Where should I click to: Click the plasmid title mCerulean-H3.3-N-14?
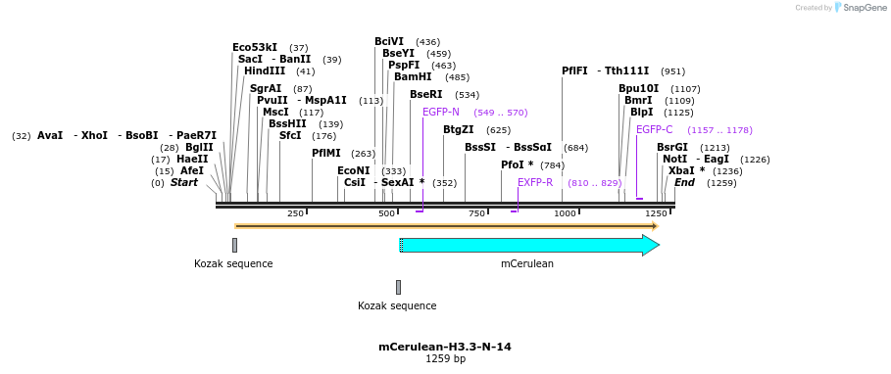tap(444, 347)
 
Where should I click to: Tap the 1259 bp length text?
tap(444, 359)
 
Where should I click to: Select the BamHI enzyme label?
tap(413, 76)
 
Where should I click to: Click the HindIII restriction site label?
tap(265, 71)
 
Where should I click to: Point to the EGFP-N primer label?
tap(440, 112)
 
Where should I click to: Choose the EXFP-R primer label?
tap(535, 182)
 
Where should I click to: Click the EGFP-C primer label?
tap(654, 129)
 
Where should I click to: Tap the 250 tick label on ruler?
tap(295, 213)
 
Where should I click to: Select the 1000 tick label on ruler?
tap(565, 213)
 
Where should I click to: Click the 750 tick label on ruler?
tap(476, 213)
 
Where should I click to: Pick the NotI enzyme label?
tap(674, 159)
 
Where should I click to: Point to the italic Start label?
tap(183, 182)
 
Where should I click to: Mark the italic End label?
tap(684, 182)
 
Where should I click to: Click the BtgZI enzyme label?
tap(458, 129)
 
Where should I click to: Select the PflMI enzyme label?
tap(326, 153)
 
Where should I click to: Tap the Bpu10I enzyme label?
tap(638, 88)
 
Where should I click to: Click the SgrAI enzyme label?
tap(266, 88)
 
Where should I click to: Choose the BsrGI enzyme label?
tap(671, 147)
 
